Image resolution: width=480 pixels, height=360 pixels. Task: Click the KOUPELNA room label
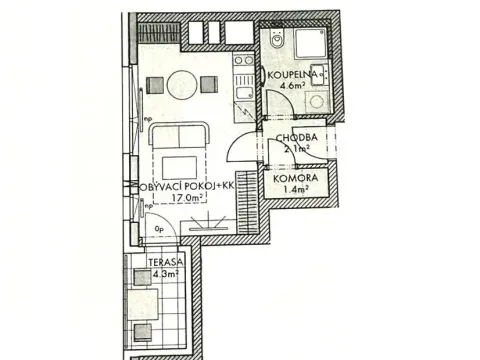(293, 74)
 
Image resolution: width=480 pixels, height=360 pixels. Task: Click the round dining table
(182, 83)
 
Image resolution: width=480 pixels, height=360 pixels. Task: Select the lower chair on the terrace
(145, 331)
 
